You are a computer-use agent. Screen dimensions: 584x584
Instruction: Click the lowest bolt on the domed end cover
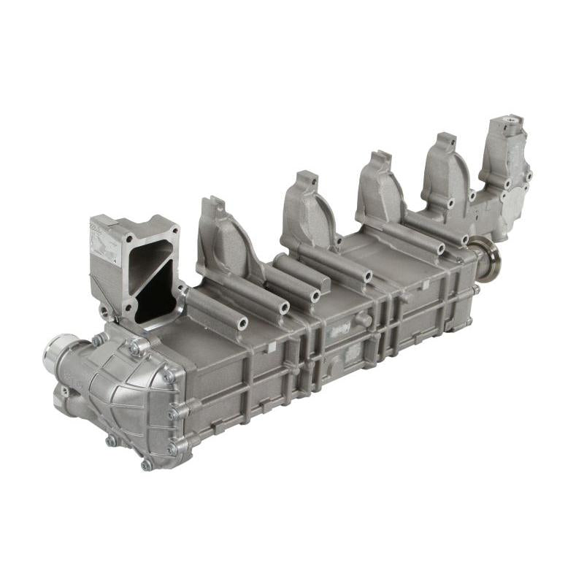147,464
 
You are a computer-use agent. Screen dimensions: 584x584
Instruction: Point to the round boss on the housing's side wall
361,319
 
